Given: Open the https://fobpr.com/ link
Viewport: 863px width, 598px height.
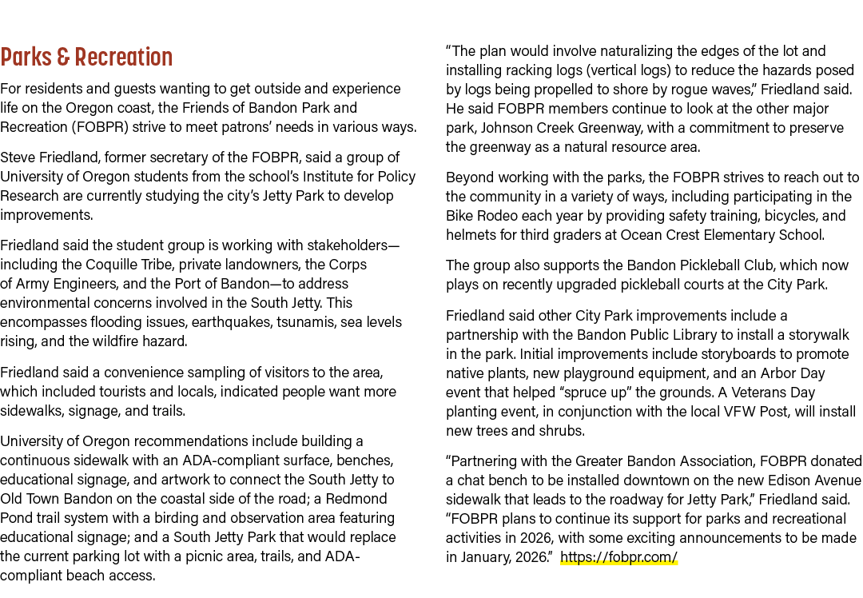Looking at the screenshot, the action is pyautogui.click(x=618, y=557).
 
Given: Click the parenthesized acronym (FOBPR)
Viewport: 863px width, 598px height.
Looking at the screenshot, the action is pyautogui.click(x=100, y=127).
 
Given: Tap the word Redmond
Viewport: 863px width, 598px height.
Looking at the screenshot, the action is pyautogui.click(x=356, y=499).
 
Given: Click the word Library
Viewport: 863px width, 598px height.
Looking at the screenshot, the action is pyautogui.click(x=742, y=335).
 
